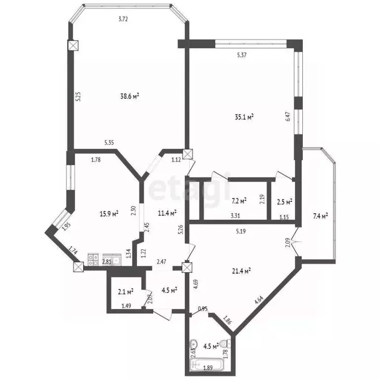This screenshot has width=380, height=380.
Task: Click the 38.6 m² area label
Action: [129, 96]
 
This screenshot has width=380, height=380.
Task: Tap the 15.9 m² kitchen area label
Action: [108, 214]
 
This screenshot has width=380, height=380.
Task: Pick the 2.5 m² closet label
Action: [284, 201]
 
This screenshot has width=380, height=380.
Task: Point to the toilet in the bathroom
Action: [225, 343]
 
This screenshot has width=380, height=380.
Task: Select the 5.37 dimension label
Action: [242, 55]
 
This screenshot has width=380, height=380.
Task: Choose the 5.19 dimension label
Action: [242, 230]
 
